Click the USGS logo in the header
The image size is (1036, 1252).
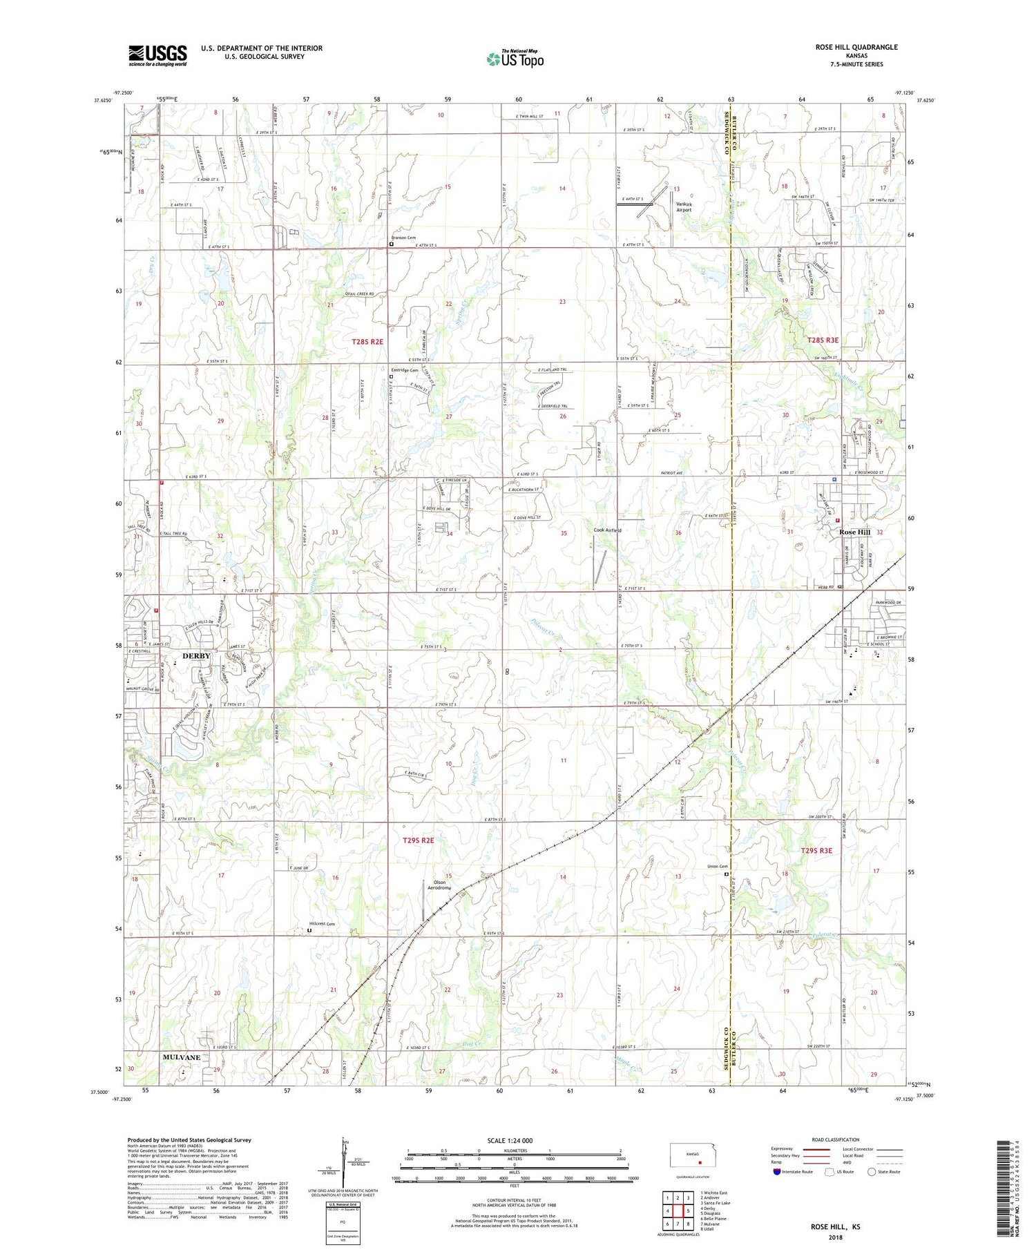(157, 55)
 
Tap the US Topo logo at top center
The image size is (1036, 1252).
(515, 59)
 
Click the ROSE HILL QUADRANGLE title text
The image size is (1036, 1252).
(856, 47)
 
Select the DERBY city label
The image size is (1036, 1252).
(196, 655)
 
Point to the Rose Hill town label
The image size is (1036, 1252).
(854, 532)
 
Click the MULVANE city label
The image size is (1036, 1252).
(182, 1057)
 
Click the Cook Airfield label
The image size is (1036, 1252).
(607, 530)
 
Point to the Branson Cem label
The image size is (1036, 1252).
(407, 238)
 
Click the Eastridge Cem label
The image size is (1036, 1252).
(404, 370)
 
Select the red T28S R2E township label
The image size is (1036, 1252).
(367, 342)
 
